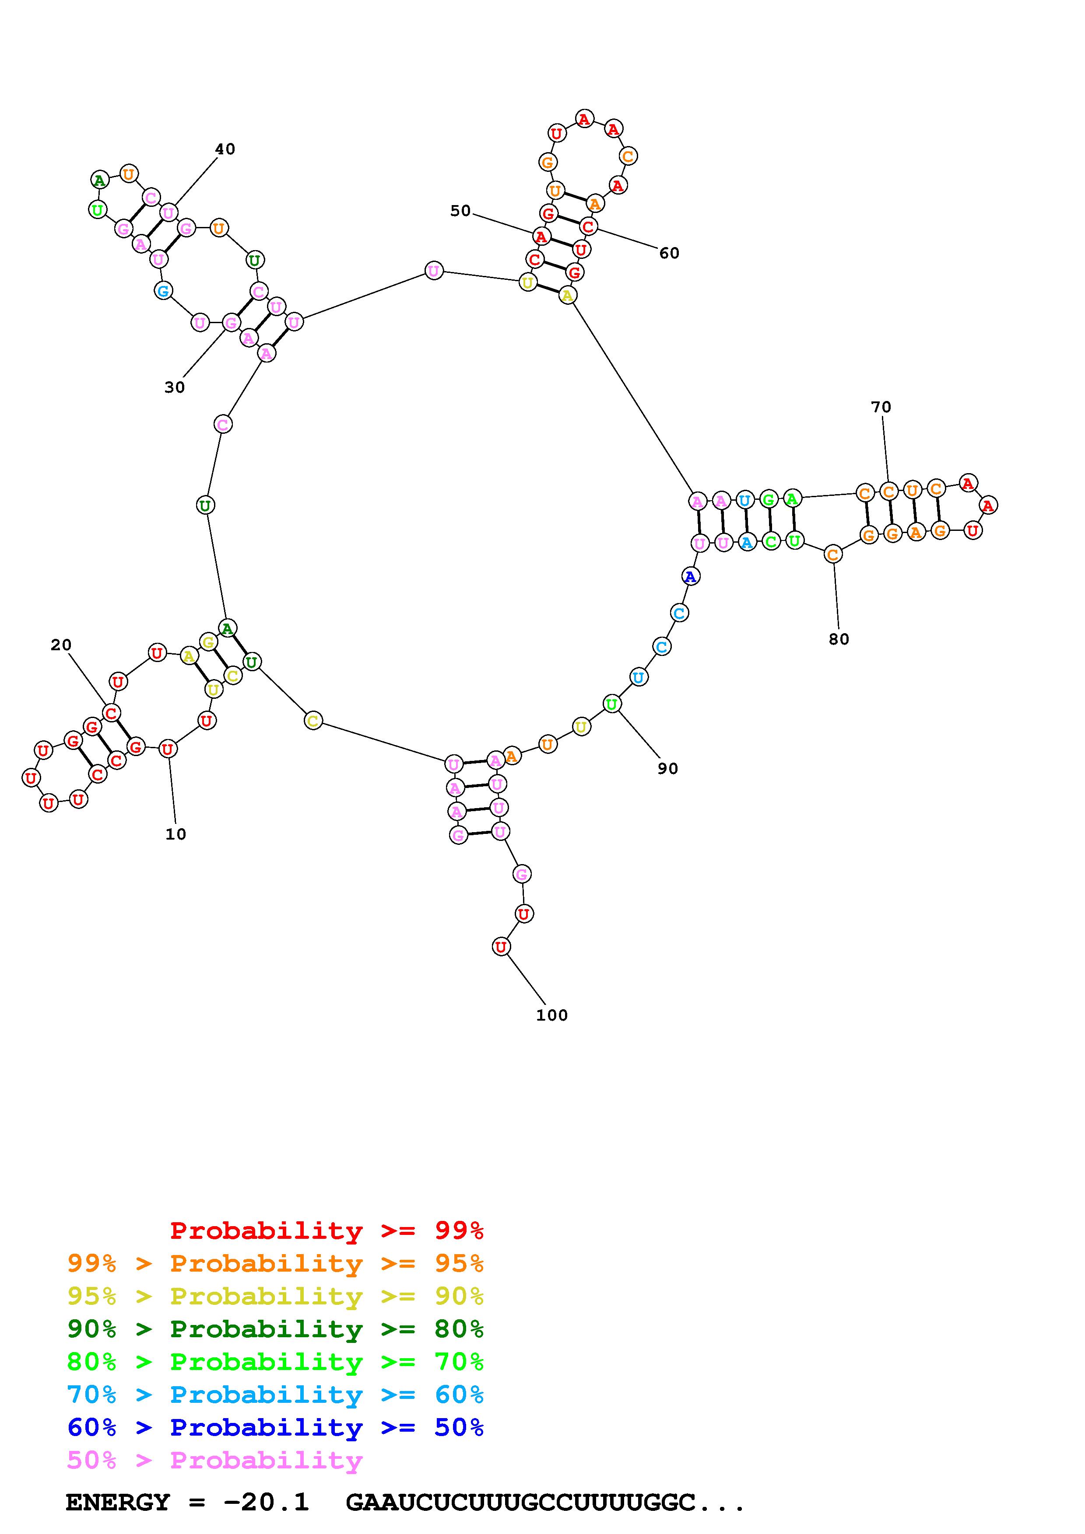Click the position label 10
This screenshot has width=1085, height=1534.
176,834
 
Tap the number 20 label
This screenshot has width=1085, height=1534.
61,645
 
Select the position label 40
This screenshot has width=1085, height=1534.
225,149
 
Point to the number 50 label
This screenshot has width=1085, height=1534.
460,211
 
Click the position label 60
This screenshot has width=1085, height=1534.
669,253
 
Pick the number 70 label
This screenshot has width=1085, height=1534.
881,407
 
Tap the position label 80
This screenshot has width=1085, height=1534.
839,639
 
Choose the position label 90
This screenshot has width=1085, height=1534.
668,769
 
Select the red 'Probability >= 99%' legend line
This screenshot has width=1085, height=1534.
327,1231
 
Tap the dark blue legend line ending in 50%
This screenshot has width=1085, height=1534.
275,1428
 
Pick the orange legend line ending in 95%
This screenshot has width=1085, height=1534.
275,1263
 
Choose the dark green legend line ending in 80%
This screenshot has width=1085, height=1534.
275,1329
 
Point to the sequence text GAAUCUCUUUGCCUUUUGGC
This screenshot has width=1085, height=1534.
521,1503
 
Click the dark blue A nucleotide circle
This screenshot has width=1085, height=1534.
691,576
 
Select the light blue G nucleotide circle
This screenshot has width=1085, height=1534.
163,291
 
